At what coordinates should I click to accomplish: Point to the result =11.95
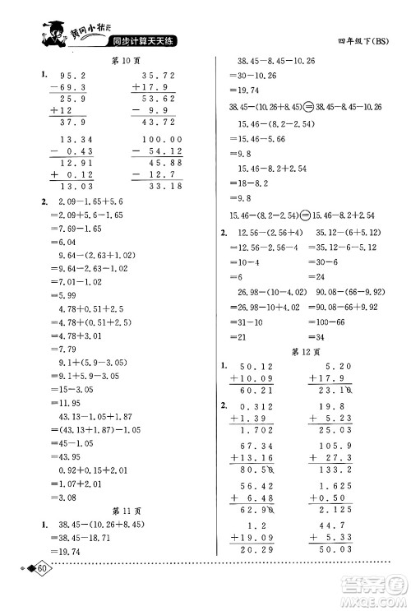pyautogui.click(x=68, y=404)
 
